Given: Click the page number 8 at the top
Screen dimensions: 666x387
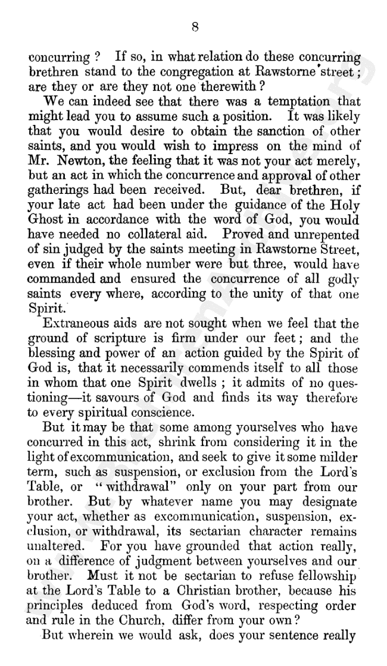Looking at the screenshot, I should pyautogui.click(x=195, y=26).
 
